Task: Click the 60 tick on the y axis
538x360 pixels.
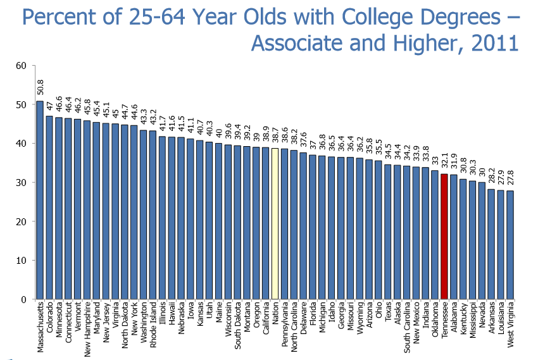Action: click(x=21, y=65)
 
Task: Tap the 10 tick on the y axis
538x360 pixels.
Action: click(x=21, y=260)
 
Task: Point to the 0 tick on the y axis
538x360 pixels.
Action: click(x=23, y=299)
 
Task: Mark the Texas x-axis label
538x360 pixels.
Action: click(x=387, y=316)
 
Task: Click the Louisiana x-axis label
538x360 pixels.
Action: click(x=501, y=323)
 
